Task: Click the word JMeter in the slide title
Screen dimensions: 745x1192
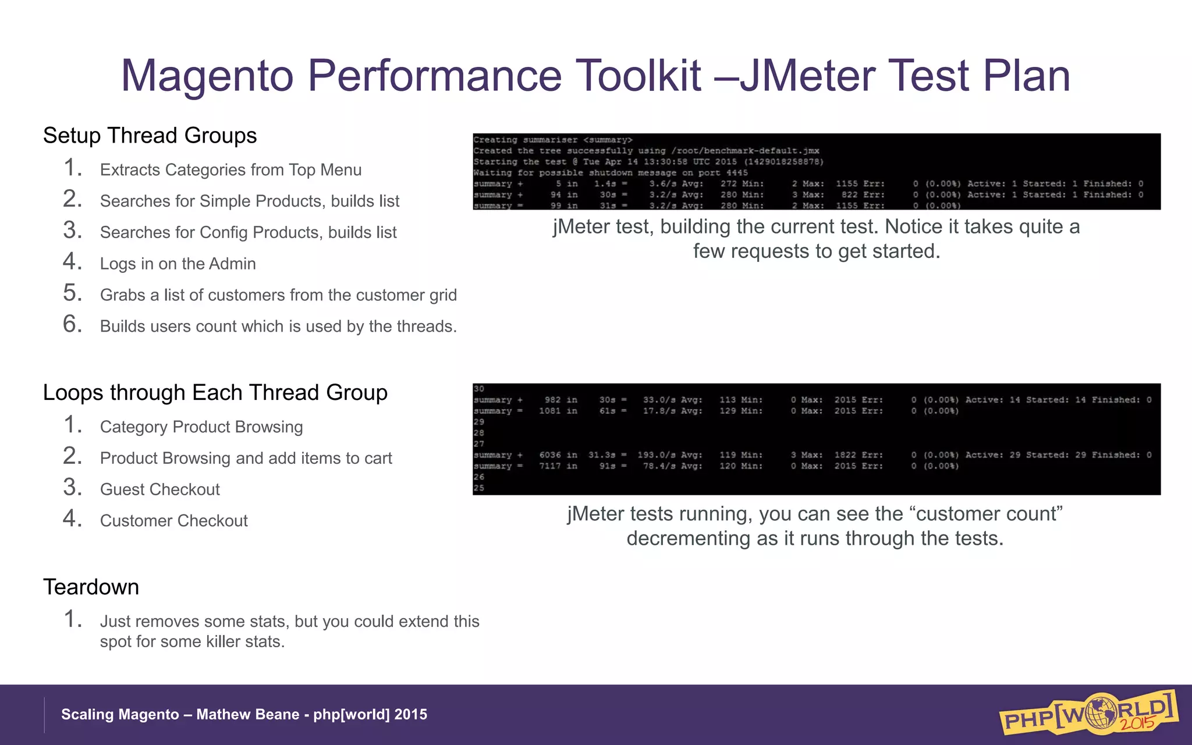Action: point(807,76)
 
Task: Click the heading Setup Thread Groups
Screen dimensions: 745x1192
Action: point(150,136)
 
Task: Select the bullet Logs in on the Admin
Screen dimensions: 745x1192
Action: point(178,264)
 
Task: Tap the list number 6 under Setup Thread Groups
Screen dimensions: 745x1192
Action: point(72,324)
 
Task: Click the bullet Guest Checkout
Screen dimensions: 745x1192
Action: point(159,489)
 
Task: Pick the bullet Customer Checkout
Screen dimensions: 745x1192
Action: point(173,521)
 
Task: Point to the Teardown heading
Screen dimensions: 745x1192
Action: point(91,587)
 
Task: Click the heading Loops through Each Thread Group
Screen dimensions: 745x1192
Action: point(215,393)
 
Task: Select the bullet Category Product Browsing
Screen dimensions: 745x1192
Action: point(201,427)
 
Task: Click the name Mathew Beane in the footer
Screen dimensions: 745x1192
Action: point(247,715)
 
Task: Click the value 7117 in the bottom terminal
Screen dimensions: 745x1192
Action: point(550,466)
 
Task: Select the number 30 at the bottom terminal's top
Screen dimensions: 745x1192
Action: point(478,389)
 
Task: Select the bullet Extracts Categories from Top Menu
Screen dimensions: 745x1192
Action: point(230,170)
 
